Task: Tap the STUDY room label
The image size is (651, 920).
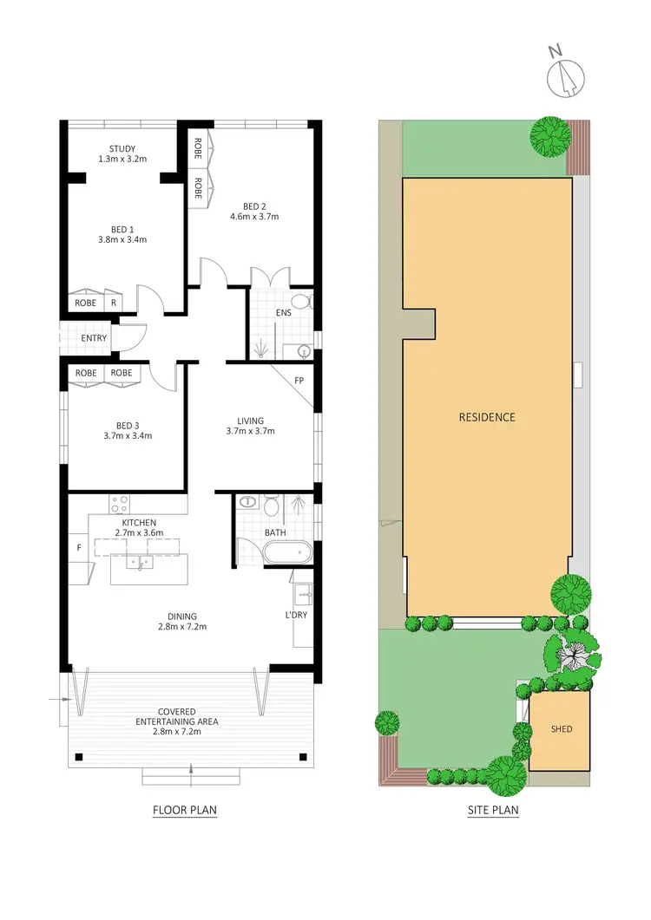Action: pyautogui.click(x=122, y=148)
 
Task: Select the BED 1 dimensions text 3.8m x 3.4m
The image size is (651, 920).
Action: pyautogui.click(x=122, y=239)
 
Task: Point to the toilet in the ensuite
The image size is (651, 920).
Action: pyautogui.click(x=301, y=302)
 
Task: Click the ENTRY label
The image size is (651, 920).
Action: pyautogui.click(x=93, y=337)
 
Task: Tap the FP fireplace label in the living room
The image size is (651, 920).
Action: pyautogui.click(x=299, y=380)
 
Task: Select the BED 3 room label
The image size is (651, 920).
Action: pyautogui.click(x=128, y=425)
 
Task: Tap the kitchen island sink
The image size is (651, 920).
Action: pyautogui.click(x=139, y=563)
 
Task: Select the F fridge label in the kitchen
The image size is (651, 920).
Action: pyautogui.click(x=79, y=548)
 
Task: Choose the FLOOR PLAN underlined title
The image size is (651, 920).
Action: pyautogui.click(x=184, y=811)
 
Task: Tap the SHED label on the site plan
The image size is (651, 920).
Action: pyautogui.click(x=561, y=728)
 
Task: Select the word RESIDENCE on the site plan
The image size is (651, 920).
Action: pyautogui.click(x=487, y=417)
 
